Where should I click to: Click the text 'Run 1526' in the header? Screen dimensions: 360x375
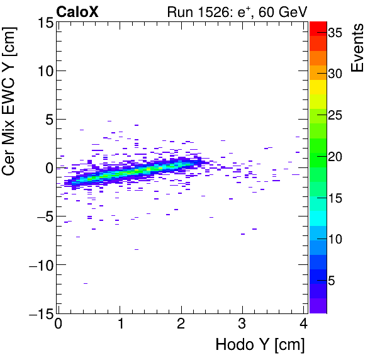(x=189, y=11)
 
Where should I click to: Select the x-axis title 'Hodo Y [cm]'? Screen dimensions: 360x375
(x=260, y=345)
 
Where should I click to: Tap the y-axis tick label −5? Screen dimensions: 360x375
(x=42, y=217)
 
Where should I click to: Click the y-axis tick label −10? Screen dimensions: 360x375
(x=38, y=265)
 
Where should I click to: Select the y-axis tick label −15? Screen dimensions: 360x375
(x=38, y=313)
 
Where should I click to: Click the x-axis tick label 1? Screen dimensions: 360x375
(x=120, y=324)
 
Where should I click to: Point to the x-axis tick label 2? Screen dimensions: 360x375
(x=181, y=324)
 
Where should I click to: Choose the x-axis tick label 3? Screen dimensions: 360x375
(x=242, y=324)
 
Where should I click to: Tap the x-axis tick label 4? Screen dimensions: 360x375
(x=303, y=324)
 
